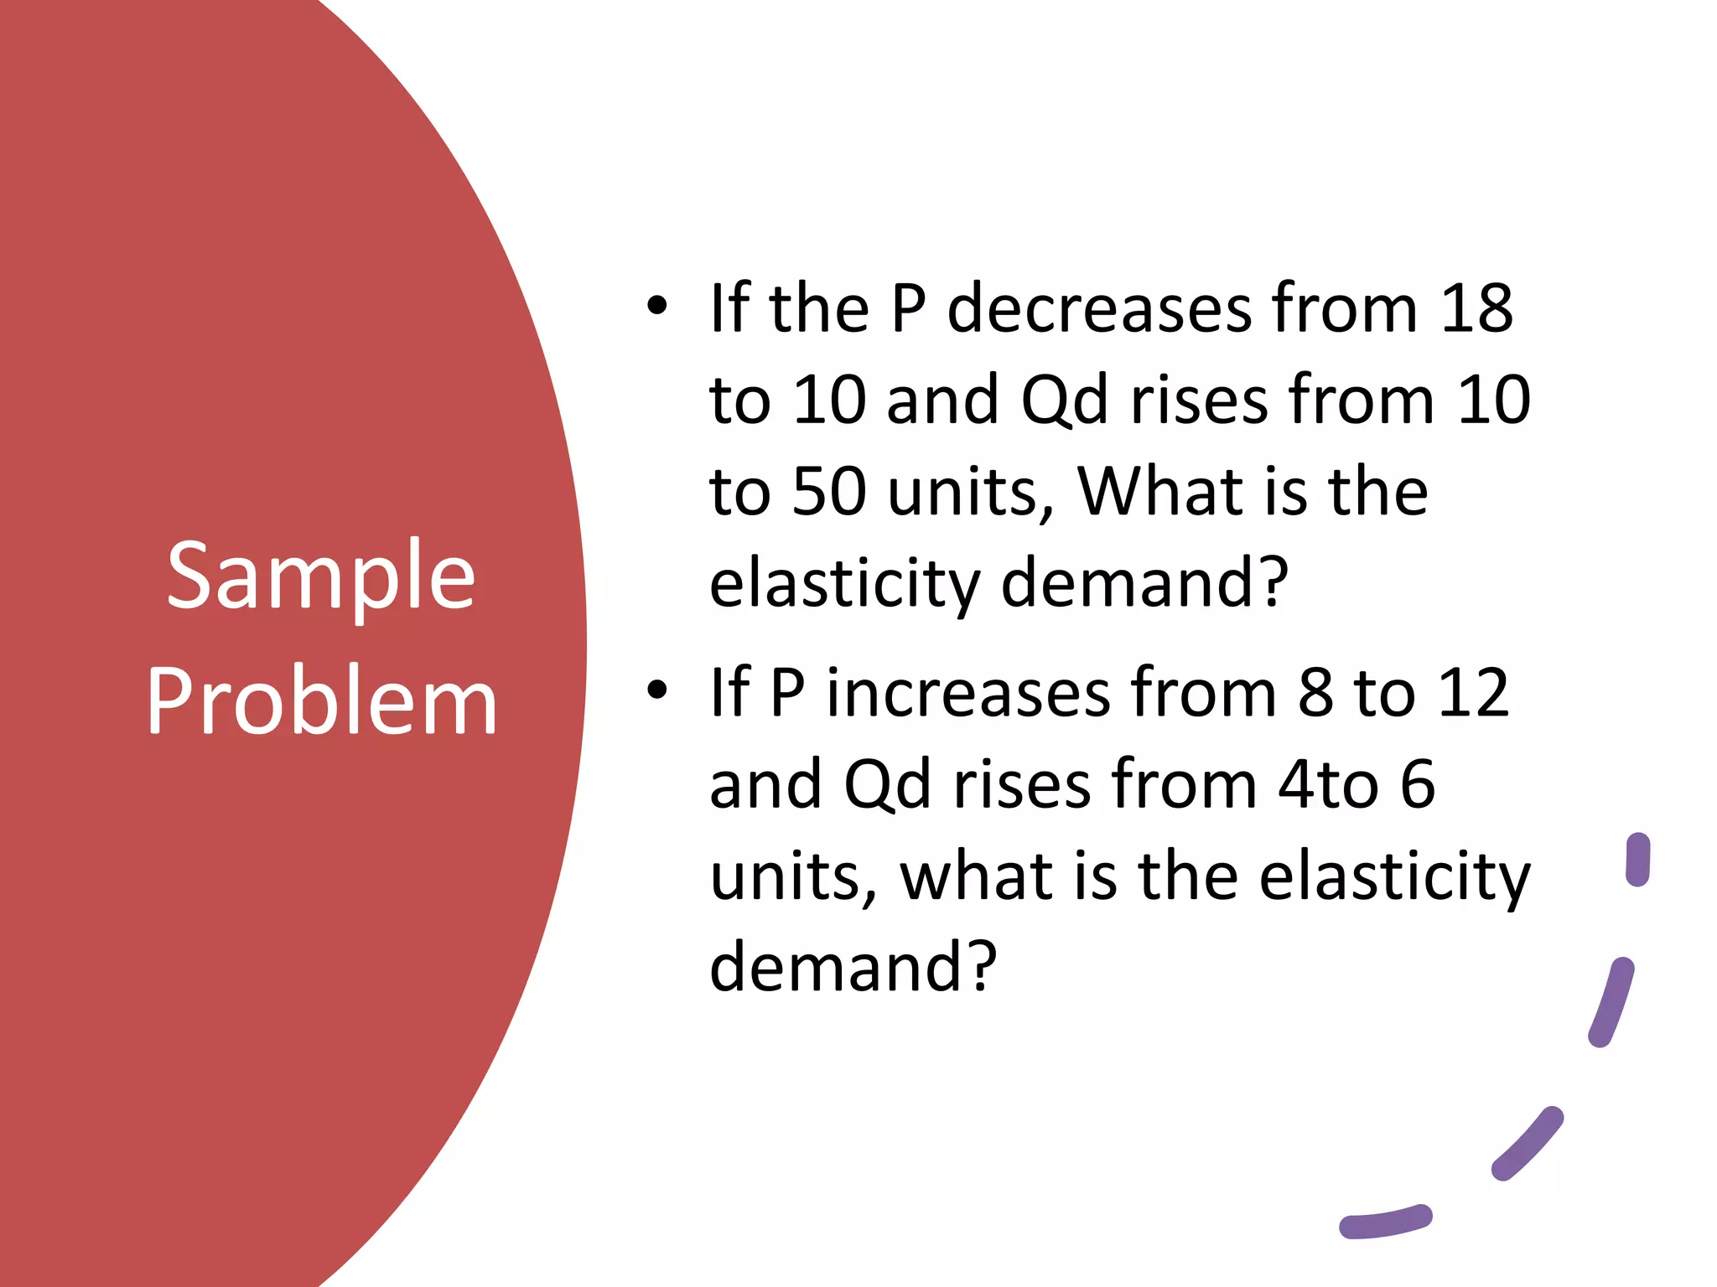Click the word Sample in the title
[x=321, y=577]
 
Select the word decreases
[x=1099, y=308]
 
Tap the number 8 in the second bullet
[x=1315, y=693]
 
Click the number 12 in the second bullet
[x=1476, y=693]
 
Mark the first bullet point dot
[x=657, y=307]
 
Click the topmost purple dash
[x=1637, y=860]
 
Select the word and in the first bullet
[x=942, y=400]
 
